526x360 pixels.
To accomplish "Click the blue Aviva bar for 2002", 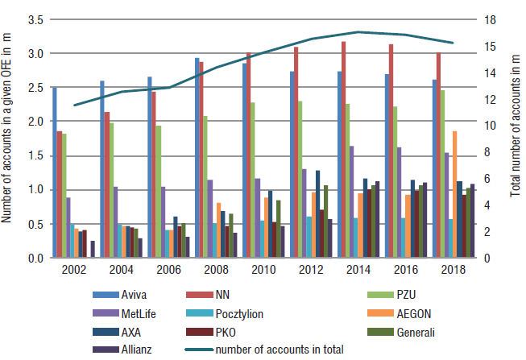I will tap(55, 172).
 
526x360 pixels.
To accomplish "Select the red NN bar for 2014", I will tap(344, 150).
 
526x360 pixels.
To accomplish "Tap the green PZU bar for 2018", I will tap(443, 174).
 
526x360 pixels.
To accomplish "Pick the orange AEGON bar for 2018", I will tap(454, 194).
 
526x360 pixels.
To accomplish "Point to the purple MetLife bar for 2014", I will tap(351, 201).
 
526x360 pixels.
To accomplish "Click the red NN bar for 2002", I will tap(60, 194).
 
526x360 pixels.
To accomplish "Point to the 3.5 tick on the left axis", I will tap(36, 19).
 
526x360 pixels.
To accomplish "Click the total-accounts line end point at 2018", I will tap(454, 43).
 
